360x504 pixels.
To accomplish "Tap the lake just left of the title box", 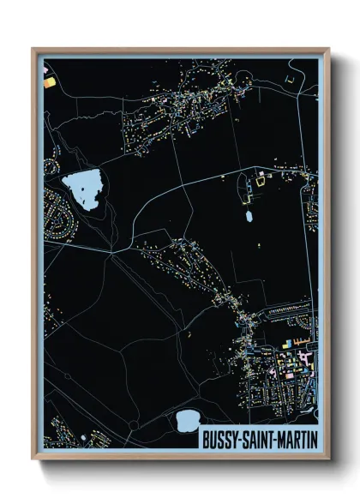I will coord(186,420).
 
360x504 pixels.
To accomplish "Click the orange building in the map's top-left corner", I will coord(49,81).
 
